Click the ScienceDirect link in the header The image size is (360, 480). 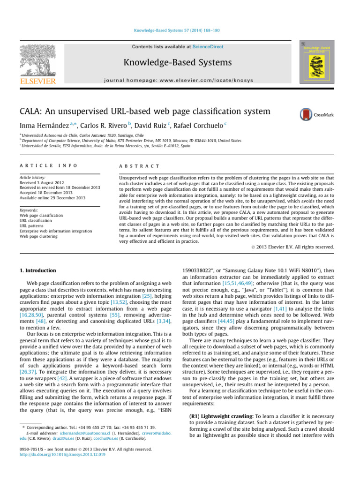(208, 47)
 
